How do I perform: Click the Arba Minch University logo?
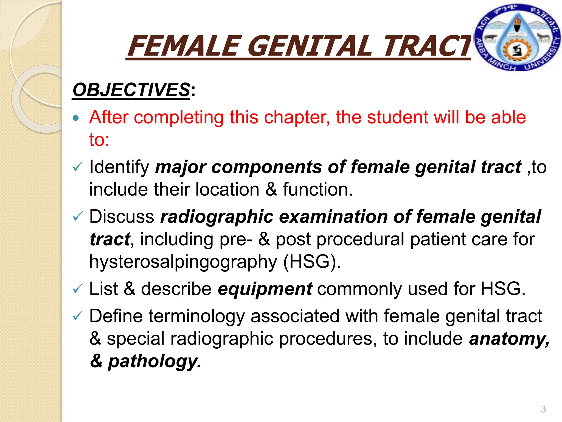(517, 38)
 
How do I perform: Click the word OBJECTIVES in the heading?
(131, 90)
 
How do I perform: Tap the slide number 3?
(543, 409)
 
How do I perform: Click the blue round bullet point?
(76, 118)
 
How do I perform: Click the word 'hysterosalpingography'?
(183, 262)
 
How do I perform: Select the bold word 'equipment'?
(265, 289)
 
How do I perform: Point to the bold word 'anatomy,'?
(509, 338)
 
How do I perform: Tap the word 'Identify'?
(119, 167)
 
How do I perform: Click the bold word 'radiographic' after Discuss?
(217, 217)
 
